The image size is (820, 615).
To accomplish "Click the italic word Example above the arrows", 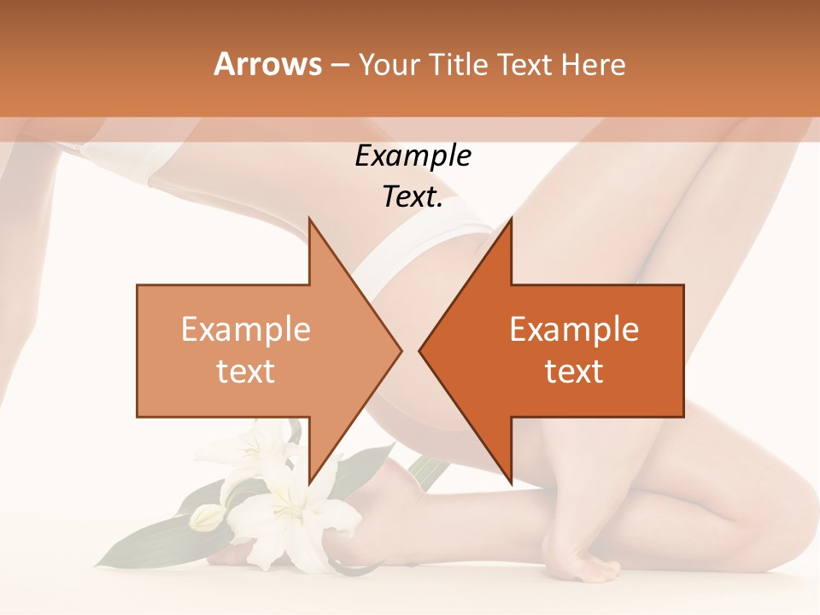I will [413, 156].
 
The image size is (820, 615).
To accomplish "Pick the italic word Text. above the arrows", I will [413, 196].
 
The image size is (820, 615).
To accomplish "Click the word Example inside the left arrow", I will [246, 330].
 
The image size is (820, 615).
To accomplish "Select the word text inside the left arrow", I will [246, 372].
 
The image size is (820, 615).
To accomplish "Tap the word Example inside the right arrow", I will [574, 330].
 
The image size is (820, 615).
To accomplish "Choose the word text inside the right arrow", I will [574, 372].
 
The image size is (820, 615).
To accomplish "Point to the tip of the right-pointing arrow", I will [401, 350].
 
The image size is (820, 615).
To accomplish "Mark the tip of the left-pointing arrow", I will [419, 350].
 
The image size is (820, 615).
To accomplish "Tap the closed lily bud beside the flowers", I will [206, 517].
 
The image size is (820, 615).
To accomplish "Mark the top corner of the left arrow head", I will [309, 219].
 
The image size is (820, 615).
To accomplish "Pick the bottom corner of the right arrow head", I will [511, 483].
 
